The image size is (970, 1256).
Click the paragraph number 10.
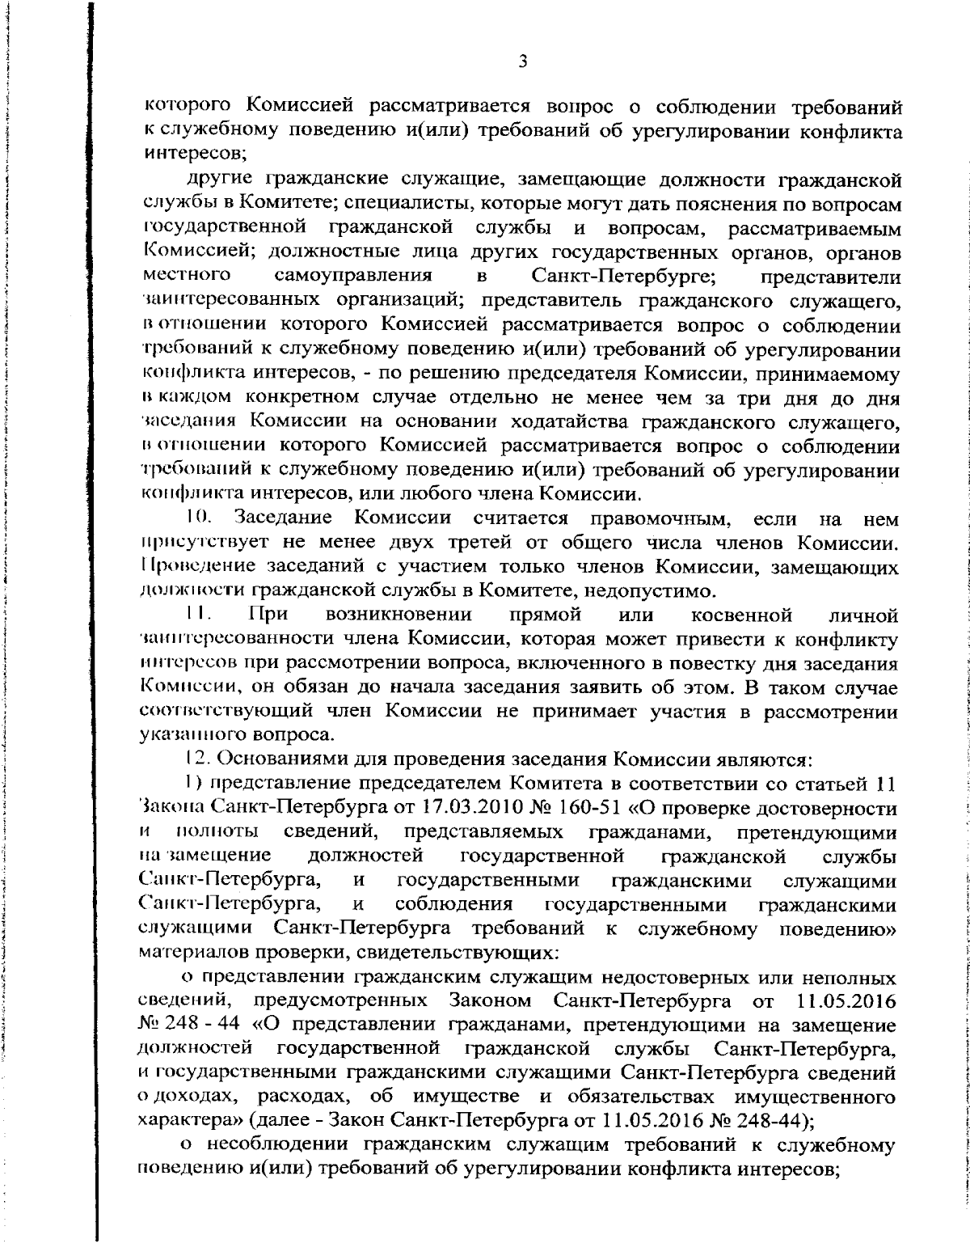pyautogui.click(x=197, y=518)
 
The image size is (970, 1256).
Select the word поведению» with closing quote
pyautogui.click(x=837, y=928)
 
